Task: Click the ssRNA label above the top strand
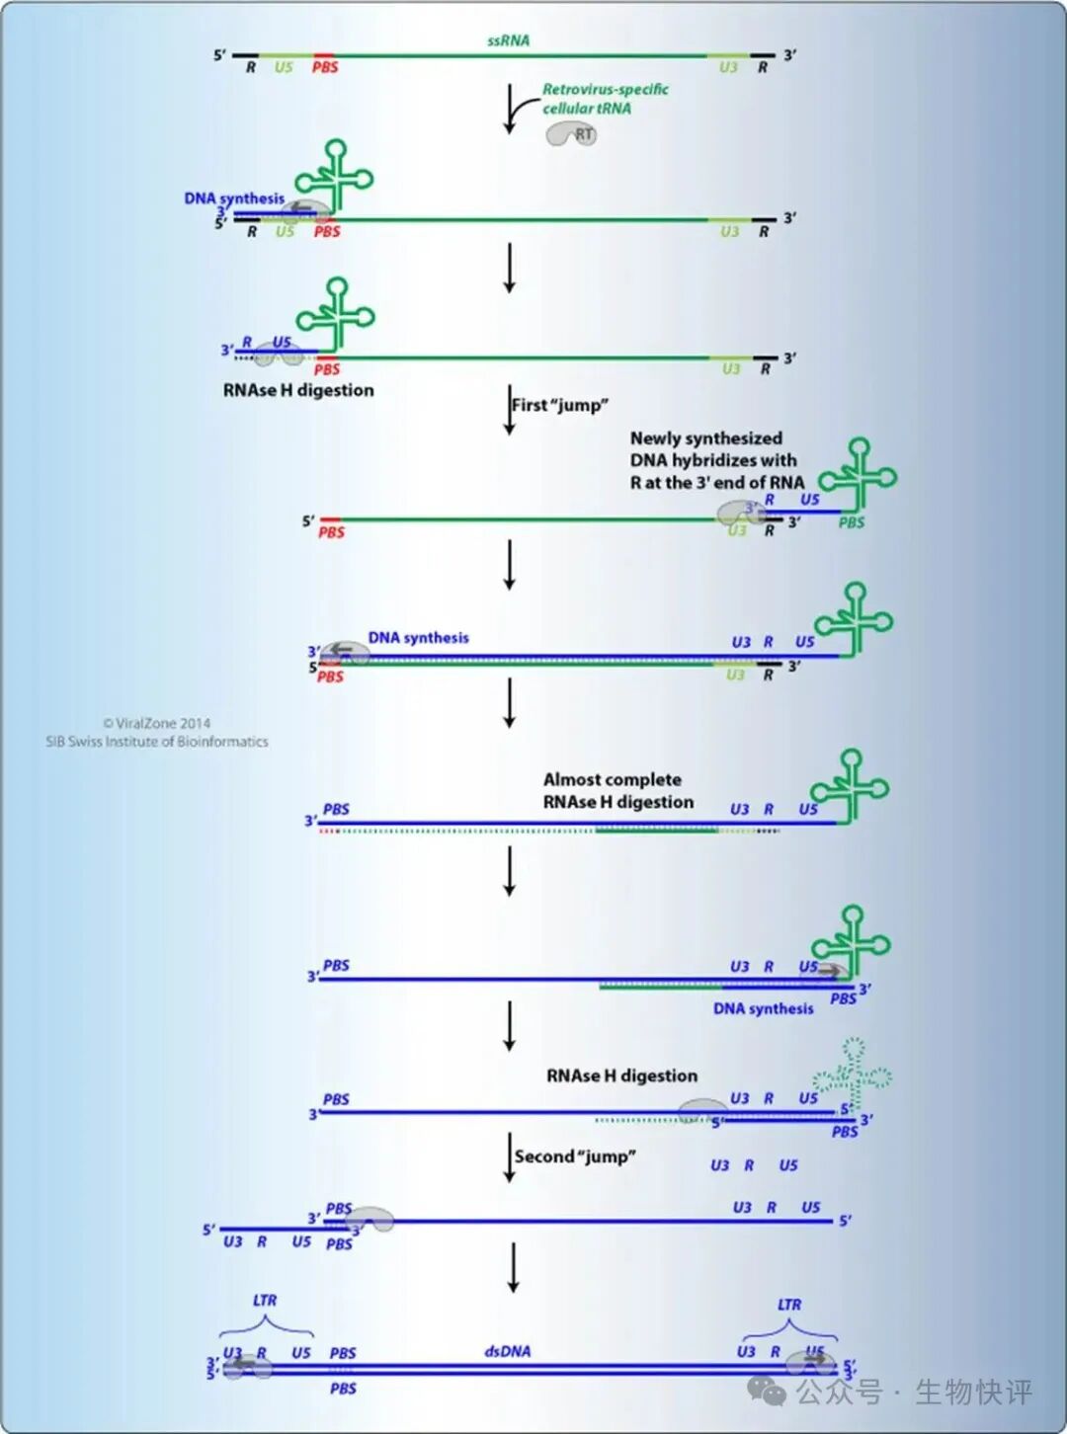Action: [x=508, y=40]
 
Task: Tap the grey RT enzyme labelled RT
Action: [x=572, y=134]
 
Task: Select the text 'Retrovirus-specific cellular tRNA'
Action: [x=605, y=99]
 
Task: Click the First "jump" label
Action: [x=559, y=405]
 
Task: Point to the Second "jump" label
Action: [x=574, y=1156]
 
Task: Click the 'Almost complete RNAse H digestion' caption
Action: [x=617, y=791]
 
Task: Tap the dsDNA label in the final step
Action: [x=508, y=1351]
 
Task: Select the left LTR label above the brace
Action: [x=265, y=1300]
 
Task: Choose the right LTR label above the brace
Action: [x=789, y=1305]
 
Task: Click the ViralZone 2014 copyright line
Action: [x=156, y=723]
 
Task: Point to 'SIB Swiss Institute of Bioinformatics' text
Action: [x=156, y=742]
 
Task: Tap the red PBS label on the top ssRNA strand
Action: [x=325, y=67]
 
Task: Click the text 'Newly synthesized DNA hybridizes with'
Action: [x=712, y=449]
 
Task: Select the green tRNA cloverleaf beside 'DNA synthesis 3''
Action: [x=336, y=176]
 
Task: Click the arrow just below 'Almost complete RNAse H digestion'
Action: [x=510, y=871]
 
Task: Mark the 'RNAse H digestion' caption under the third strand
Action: [x=298, y=390]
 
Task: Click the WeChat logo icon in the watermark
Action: [x=767, y=1392]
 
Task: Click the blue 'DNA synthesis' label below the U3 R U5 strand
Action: [x=763, y=1008]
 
